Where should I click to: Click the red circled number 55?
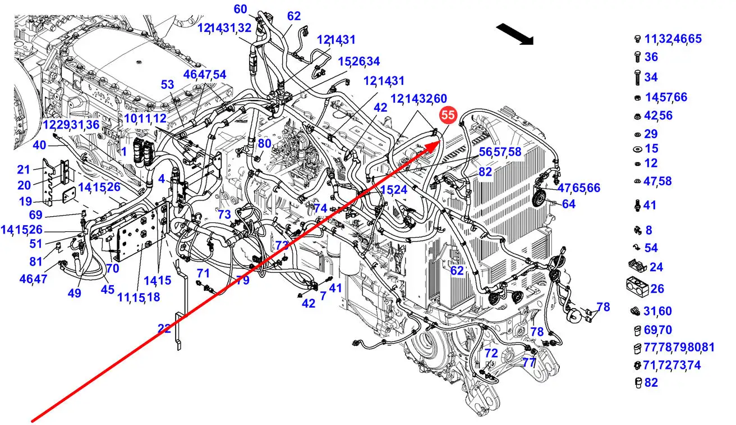(448, 116)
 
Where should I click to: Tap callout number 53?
(168, 85)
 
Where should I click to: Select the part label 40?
(39, 145)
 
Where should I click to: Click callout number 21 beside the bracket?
(23, 170)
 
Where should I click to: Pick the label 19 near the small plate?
(25, 201)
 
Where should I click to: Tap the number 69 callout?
(35, 215)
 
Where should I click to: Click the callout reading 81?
(36, 261)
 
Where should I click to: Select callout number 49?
(75, 293)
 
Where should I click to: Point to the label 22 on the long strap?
(164, 329)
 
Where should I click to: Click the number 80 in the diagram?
(264, 143)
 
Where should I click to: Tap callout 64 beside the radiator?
(569, 204)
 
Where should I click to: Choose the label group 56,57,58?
(500, 152)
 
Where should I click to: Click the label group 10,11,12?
(145, 118)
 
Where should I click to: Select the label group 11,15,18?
(139, 298)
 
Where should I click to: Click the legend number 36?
(651, 57)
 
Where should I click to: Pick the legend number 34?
(651, 77)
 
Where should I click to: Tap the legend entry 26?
(657, 289)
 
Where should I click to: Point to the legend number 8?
(649, 230)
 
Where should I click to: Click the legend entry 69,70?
(658, 330)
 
